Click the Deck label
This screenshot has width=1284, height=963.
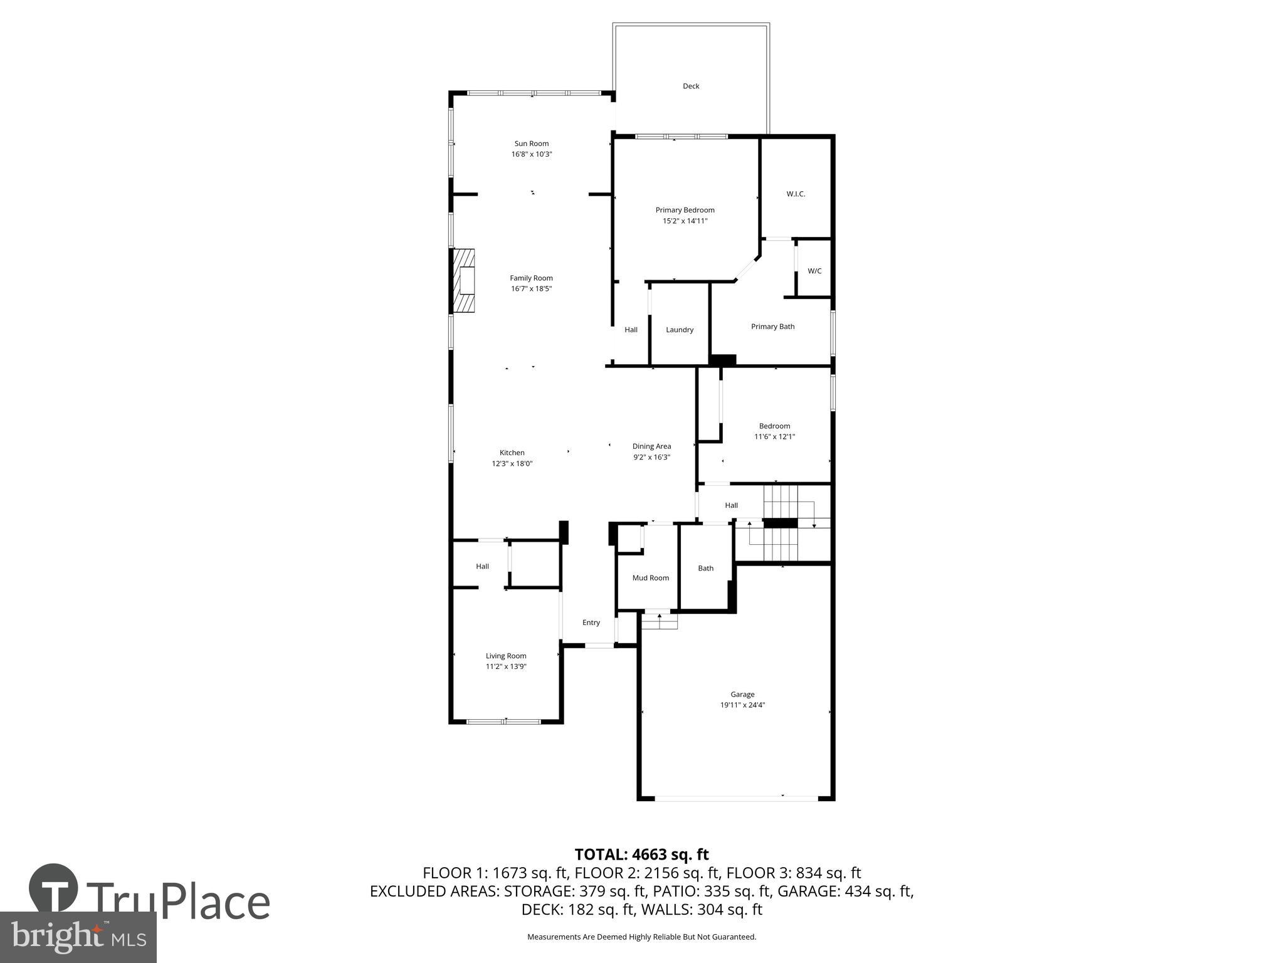[691, 87]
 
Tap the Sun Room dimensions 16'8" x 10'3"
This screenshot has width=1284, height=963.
[532, 154]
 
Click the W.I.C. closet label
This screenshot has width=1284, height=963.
[796, 194]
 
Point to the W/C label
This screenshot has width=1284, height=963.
[814, 271]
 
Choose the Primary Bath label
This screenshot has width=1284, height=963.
[772, 327]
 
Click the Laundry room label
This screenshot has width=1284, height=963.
[680, 330]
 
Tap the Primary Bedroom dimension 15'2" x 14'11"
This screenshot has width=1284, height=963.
[685, 221]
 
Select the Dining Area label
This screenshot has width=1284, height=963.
[651, 446]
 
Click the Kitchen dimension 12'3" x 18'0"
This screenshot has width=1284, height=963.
[512, 464]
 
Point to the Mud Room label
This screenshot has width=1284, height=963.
[650, 578]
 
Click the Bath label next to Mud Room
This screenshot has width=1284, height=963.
[706, 569]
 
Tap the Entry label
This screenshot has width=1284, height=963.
[591, 623]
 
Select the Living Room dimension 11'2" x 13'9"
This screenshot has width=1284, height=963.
[506, 667]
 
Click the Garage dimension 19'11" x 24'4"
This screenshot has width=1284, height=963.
[742, 705]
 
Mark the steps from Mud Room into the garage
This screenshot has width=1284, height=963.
[659, 621]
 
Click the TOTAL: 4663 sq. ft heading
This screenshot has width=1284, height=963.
[641, 855]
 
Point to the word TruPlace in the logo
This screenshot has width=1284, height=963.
[178, 902]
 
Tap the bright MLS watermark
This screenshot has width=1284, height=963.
[78, 937]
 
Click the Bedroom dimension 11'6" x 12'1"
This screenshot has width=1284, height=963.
[774, 437]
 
